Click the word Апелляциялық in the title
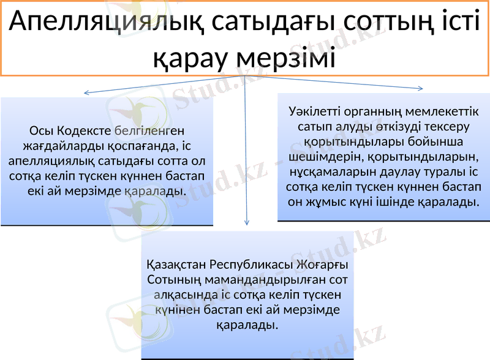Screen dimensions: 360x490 point(106,24)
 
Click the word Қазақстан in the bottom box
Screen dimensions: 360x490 point(176,265)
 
